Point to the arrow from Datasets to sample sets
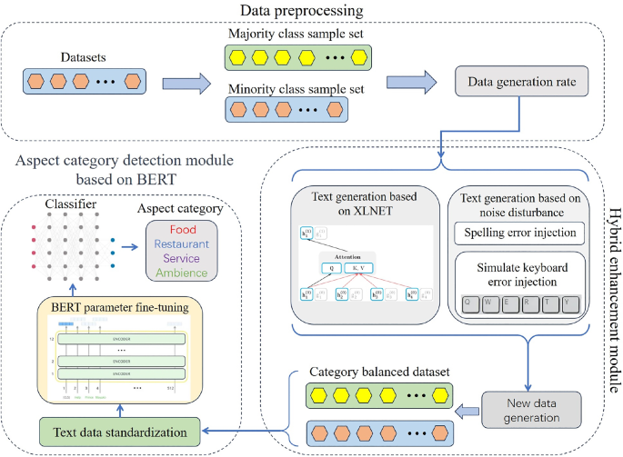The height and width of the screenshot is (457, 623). (x=180, y=83)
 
